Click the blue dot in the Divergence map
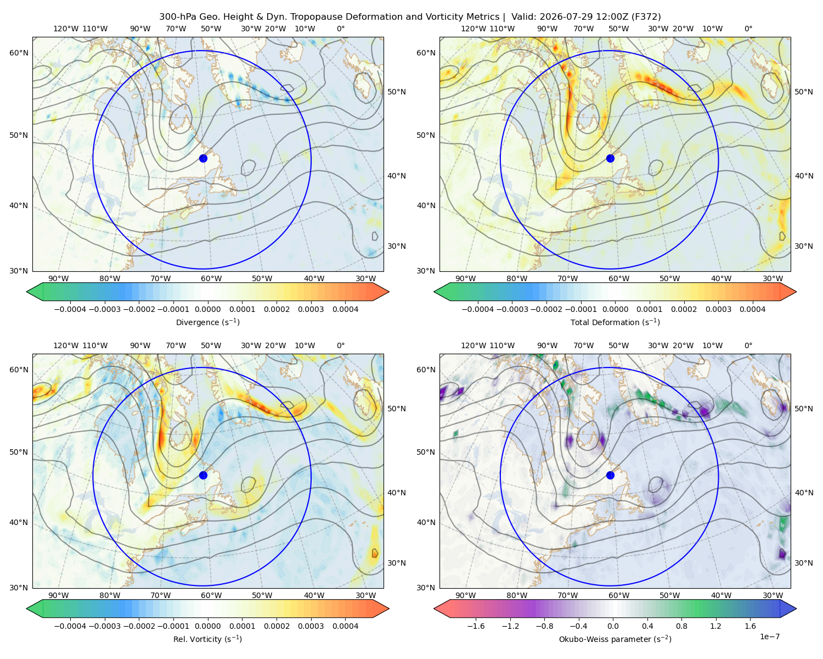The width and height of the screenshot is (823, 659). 203,159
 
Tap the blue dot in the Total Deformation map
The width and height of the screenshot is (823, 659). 610,159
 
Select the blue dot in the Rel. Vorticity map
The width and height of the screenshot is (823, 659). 203,475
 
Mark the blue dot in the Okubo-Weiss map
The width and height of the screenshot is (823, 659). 610,475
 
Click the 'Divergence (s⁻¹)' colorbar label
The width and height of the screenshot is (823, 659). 207,322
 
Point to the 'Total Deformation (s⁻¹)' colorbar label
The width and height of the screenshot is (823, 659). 615,322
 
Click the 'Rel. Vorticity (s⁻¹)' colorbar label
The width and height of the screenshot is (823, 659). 207,639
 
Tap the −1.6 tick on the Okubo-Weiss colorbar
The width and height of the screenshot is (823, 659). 476,626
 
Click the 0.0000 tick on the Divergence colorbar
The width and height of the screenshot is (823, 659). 207,309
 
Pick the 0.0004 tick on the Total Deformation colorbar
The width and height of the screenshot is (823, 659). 752,309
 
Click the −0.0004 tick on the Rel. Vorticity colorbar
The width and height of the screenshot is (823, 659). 70,626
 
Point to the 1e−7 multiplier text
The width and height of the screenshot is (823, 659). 769,636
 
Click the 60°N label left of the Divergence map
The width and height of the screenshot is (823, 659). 19,53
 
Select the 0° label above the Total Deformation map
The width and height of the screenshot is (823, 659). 748,29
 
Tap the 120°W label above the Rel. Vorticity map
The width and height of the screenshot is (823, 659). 66,345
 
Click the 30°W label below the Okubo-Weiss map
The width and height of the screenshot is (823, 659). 773,595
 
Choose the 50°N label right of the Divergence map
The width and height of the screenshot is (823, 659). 397,92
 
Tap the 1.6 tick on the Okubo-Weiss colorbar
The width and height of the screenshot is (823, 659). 750,626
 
